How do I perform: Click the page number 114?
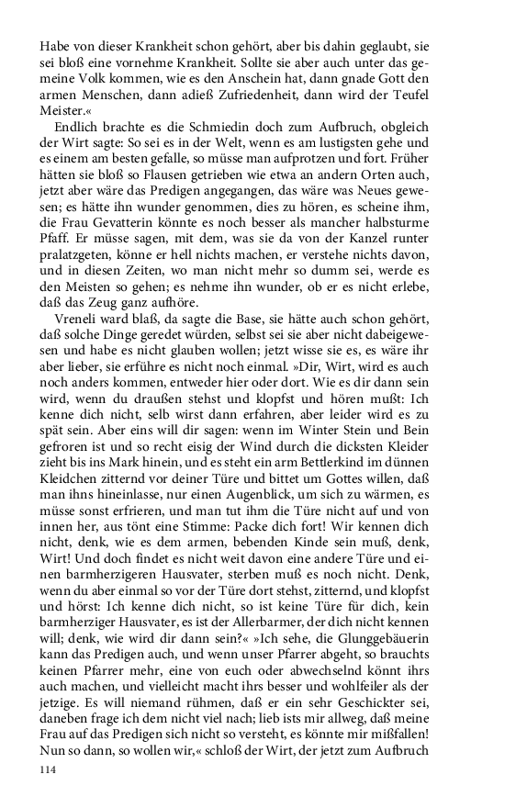tap(50, 773)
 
